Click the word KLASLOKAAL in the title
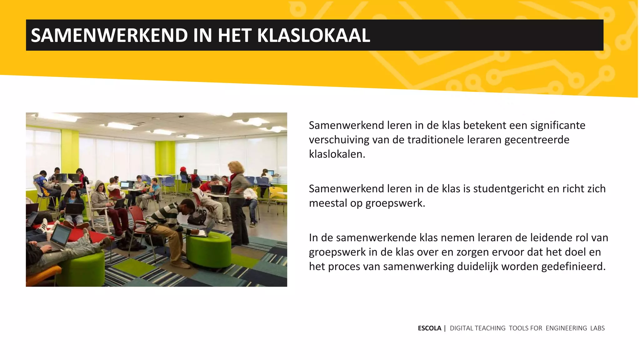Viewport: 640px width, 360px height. pyautogui.click(x=313, y=35)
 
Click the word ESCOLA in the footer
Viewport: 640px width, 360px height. pyautogui.click(x=429, y=328)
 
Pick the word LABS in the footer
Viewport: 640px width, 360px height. pyautogui.click(x=597, y=328)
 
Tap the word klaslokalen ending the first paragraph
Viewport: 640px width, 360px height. pyautogui.click(x=337, y=154)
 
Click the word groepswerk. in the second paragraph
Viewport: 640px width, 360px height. pyautogui.click(x=395, y=203)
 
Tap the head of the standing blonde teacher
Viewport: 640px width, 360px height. pyautogui.click(x=235, y=167)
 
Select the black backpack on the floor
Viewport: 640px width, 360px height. pyautogui.click(x=197, y=217)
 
